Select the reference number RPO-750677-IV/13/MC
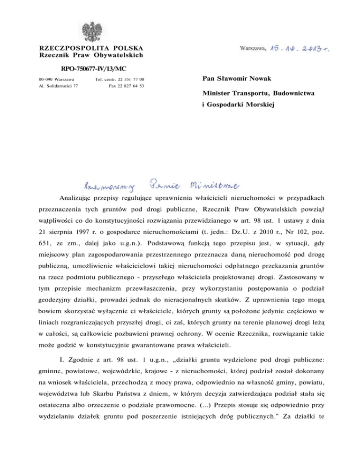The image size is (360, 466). point(85,68)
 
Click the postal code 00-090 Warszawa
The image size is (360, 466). point(55,80)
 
